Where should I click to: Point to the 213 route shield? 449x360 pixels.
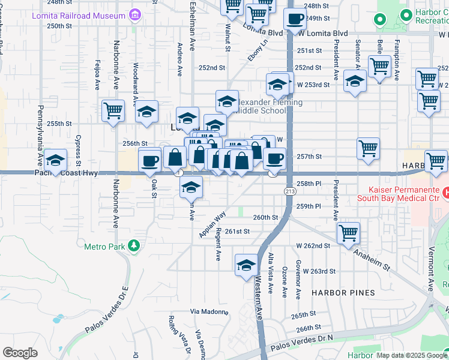coord(289,191)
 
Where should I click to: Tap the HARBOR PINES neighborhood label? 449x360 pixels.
coord(343,293)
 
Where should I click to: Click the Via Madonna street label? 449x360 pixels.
coord(205,311)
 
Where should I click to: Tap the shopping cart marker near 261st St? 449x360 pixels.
coord(348,233)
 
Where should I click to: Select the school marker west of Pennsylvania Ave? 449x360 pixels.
coord(55,160)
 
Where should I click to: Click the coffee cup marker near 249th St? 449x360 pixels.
coord(294,19)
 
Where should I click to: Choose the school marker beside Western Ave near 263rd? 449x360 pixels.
coord(246,265)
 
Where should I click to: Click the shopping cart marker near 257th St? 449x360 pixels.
coord(368,148)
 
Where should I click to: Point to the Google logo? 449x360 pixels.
coord(20,353)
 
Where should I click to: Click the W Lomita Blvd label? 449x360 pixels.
coord(323,33)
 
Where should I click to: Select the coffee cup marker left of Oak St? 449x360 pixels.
coord(149,160)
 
